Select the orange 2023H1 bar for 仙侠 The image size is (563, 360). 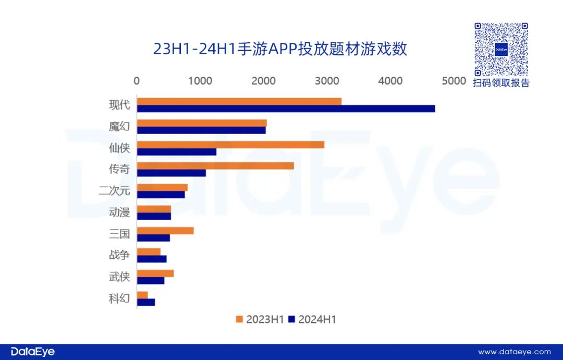coord(230,145)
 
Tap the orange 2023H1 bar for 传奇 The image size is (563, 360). coord(215,166)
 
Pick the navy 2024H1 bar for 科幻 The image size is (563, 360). coord(146,302)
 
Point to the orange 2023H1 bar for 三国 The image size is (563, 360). coord(165,231)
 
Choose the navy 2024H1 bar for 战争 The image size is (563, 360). coord(152,259)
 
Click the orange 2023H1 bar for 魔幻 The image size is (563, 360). coord(202,123)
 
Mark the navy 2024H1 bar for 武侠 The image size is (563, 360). coord(151,281)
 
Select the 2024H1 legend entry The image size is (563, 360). coord(312,319)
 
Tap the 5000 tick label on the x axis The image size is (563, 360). coord(454,81)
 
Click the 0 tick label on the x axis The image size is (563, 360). coord(137,81)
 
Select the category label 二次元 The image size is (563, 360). coord(114,190)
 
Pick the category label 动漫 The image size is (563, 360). coord(119,212)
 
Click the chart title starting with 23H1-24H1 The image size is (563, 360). coord(280,49)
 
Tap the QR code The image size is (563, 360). coord(501,49)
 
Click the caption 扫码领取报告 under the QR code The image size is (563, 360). coord(501,83)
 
